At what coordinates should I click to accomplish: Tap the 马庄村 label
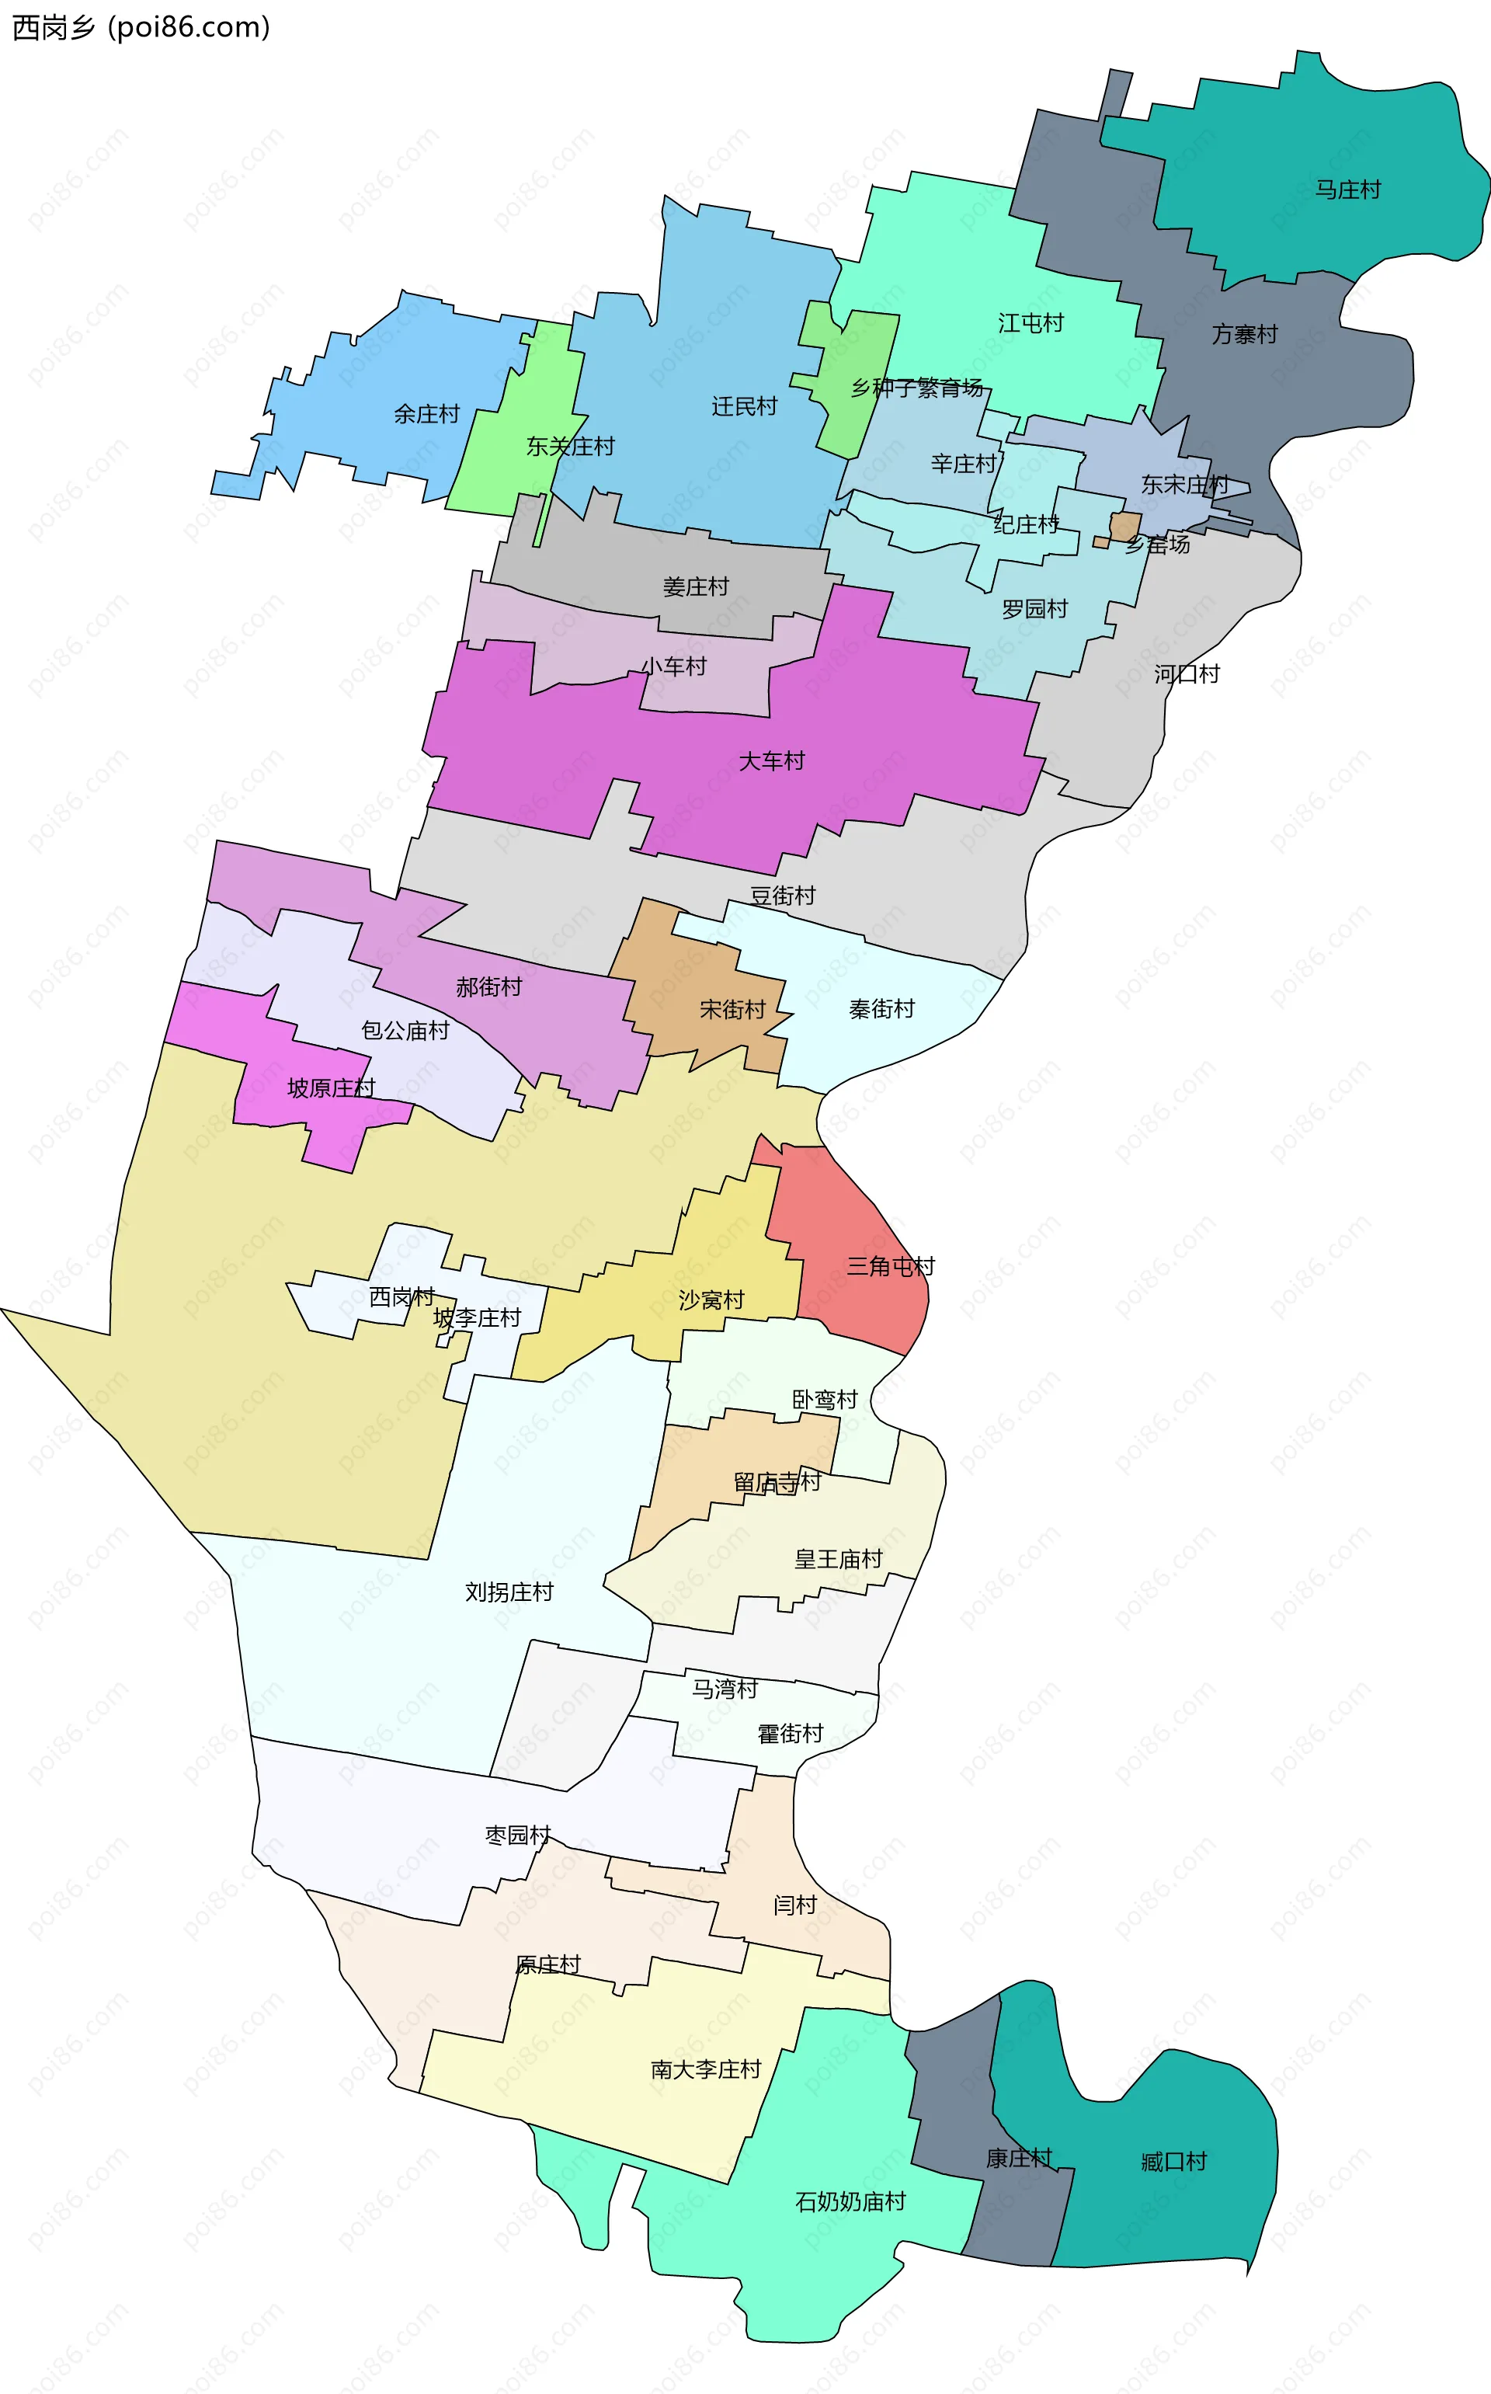pyautogui.click(x=1348, y=190)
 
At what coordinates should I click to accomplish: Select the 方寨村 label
pyautogui.click(x=1245, y=334)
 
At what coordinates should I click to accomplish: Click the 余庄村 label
pyautogui.click(x=426, y=413)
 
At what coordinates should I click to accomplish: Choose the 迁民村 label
pyautogui.click(x=745, y=406)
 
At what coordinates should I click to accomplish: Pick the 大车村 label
pyautogui.click(x=771, y=760)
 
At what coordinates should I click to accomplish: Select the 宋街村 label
pyautogui.click(x=732, y=1009)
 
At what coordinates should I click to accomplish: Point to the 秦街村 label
pyautogui.click(x=881, y=1008)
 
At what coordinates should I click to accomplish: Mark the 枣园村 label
pyautogui.click(x=518, y=1834)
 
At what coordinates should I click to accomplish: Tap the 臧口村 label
pyautogui.click(x=1173, y=2161)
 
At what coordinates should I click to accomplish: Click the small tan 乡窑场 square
pyautogui.click(x=1125, y=526)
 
